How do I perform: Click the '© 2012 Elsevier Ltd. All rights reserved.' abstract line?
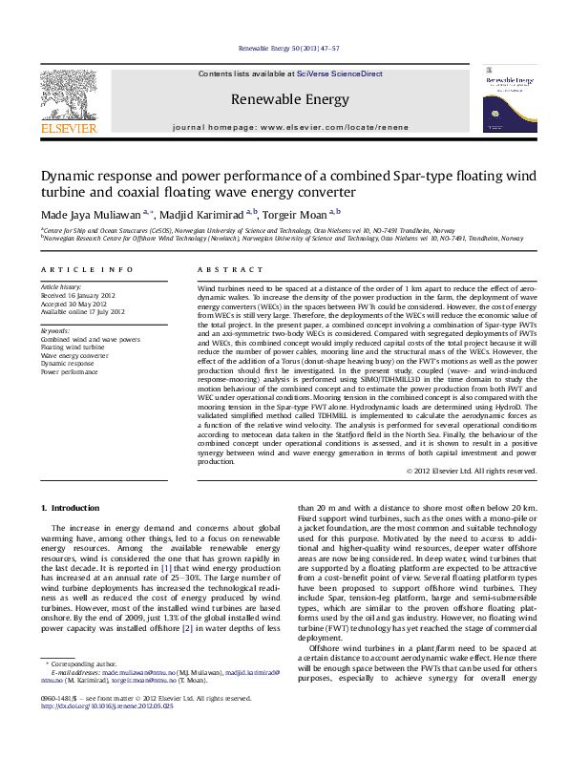(x=472, y=470)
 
